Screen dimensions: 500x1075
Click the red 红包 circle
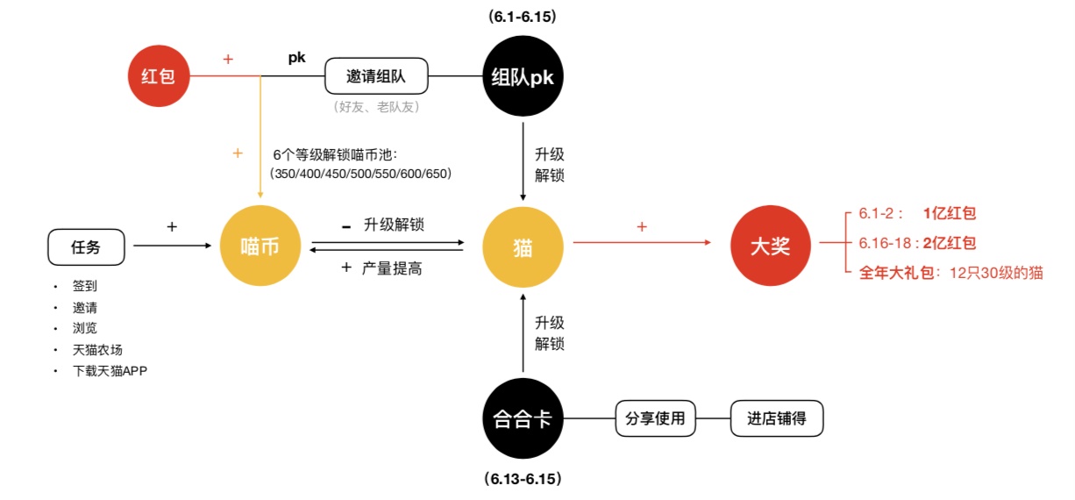(x=159, y=76)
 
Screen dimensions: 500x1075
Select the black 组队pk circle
(x=522, y=76)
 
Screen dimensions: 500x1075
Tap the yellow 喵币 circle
(x=260, y=246)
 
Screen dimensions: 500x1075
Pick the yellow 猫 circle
(x=523, y=246)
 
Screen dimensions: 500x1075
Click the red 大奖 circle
(x=768, y=246)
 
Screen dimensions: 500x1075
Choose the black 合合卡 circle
(x=522, y=419)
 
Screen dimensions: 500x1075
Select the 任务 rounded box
(x=86, y=246)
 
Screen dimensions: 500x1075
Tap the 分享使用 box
(x=656, y=419)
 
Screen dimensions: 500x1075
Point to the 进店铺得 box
(x=777, y=419)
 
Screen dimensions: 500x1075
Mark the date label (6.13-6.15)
(x=523, y=480)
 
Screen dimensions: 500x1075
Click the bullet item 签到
(x=85, y=287)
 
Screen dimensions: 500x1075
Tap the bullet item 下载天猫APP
(x=110, y=370)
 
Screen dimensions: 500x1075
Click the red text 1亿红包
(x=950, y=213)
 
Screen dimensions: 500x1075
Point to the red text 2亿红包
(x=950, y=243)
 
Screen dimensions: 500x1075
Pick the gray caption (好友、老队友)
(x=376, y=107)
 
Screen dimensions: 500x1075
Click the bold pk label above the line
(x=297, y=58)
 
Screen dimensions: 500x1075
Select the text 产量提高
(x=392, y=268)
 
